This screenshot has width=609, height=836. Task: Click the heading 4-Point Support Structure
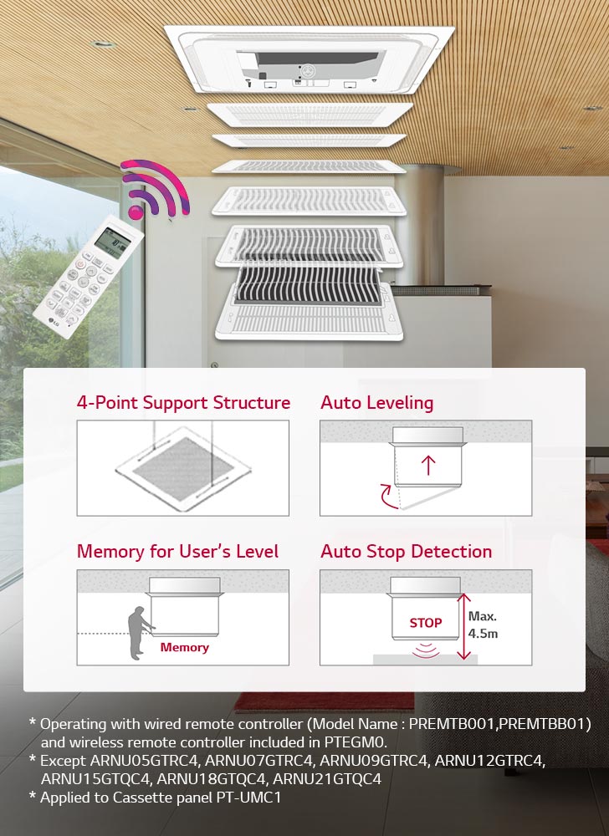coord(183,403)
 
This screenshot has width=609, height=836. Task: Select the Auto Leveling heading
coord(376,403)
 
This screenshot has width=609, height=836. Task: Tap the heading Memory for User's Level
coord(177,552)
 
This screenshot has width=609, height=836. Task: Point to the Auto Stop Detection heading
coord(406,552)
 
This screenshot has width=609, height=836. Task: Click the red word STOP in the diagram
coord(425,623)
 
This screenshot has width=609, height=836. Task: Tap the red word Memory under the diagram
coord(184,647)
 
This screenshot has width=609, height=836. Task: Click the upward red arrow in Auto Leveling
coord(429,465)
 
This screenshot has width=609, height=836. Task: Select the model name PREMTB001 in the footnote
coord(465,722)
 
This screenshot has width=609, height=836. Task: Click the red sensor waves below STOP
coord(425,649)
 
